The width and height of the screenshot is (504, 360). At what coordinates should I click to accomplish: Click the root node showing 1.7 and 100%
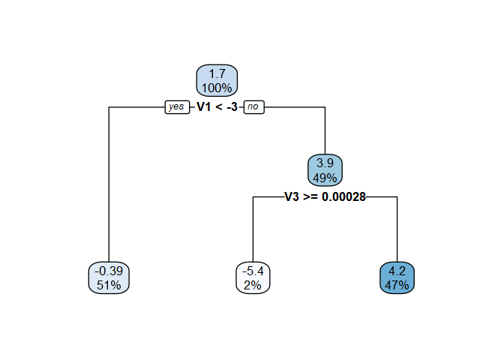pyautogui.click(x=217, y=81)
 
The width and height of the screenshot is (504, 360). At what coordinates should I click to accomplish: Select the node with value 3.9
pyautogui.click(x=325, y=171)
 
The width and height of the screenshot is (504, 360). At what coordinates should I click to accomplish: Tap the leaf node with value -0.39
pyautogui.click(x=109, y=277)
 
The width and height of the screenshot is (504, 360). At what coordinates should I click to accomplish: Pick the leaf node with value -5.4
pyautogui.click(x=253, y=277)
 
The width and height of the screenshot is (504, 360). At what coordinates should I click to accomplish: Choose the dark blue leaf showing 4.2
pyautogui.click(x=397, y=277)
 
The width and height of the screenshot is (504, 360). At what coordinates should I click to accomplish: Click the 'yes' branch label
pyautogui.click(x=177, y=107)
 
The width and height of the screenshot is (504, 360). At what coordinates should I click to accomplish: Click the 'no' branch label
pyautogui.click(x=253, y=107)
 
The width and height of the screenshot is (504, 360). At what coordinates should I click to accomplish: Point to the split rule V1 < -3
pyautogui.click(x=217, y=107)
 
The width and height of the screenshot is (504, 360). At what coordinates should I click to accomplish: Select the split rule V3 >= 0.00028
pyautogui.click(x=325, y=197)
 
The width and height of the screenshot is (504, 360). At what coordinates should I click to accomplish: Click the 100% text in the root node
pyautogui.click(x=217, y=88)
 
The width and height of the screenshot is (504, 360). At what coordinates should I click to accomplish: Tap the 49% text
pyautogui.click(x=325, y=178)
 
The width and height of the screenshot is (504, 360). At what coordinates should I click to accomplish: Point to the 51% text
pyautogui.click(x=109, y=285)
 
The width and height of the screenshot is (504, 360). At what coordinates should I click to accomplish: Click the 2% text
pyautogui.click(x=253, y=285)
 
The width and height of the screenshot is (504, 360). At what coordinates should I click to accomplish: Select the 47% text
pyautogui.click(x=397, y=285)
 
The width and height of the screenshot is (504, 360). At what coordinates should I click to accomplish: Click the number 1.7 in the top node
pyautogui.click(x=217, y=74)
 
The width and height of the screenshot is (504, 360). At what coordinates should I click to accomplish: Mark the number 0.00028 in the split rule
pyautogui.click(x=343, y=197)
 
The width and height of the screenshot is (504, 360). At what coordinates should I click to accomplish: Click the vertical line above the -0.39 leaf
pyautogui.click(x=109, y=187)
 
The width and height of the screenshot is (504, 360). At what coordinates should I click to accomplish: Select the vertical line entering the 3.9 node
pyautogui.click(x=325, y=131)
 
